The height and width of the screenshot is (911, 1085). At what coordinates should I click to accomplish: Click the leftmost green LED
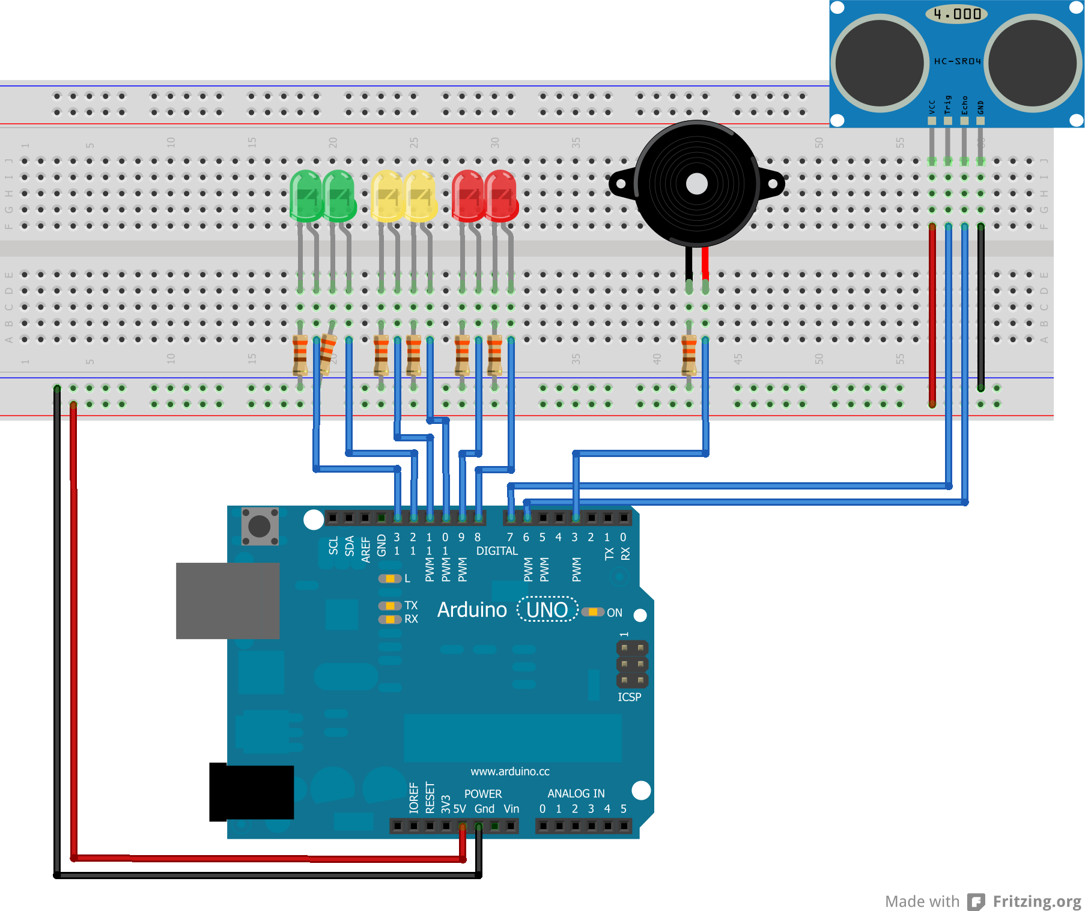[x=306, y=195]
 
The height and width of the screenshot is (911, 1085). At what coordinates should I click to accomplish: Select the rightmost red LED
[x=501, y=195]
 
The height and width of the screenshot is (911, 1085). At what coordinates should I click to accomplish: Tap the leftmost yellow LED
[x=387, y=195]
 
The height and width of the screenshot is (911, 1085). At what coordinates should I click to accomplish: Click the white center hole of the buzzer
[x=696, y=184]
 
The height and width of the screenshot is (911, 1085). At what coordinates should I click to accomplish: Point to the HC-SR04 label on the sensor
[x=957, y=61]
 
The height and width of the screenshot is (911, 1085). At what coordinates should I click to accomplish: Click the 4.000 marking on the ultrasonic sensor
[x=957, y=13]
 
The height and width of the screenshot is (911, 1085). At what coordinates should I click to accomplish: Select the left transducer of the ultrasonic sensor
[x=880, y=63]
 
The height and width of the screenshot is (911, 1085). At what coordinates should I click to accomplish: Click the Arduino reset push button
[x=260, y=526]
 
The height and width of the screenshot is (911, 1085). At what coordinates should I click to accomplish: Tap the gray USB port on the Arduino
[x=227, y=600]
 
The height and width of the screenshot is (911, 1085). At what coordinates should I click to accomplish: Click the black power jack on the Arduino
[x=251, y=792]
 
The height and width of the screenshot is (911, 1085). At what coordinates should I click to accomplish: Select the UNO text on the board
[x=547, y=610]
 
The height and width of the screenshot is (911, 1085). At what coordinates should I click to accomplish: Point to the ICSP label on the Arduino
[x=629, y=697]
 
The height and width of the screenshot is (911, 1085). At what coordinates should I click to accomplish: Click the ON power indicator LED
[x=593, y=612]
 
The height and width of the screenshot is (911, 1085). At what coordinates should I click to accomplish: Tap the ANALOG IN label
[x=576, y=793]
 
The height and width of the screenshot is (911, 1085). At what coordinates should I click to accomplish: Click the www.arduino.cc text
[x=509, y=771]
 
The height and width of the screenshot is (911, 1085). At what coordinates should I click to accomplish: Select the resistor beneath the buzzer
[x=688, y=355]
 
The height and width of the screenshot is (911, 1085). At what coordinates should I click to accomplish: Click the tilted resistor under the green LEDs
[x=327, y=354]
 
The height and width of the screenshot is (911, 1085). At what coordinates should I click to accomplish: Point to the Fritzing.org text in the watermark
[x=1036, y=901]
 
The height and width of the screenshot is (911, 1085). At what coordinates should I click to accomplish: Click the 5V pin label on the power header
[x=459, y=809]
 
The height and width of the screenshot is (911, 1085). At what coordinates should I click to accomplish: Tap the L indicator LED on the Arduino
[x=390, y=578]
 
